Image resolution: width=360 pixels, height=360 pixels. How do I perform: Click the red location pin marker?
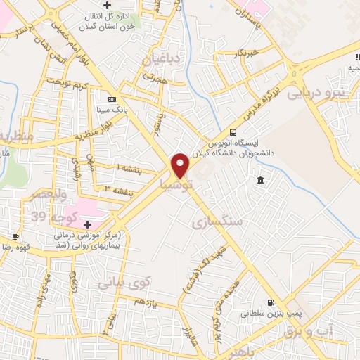[x=181, y=166]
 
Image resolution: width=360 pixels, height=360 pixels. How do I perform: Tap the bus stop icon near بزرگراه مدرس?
[x=233, y=131]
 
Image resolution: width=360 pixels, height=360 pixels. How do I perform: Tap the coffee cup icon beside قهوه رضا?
[x=16, y=236]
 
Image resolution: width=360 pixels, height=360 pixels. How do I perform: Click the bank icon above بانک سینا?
[x=112, y=99]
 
